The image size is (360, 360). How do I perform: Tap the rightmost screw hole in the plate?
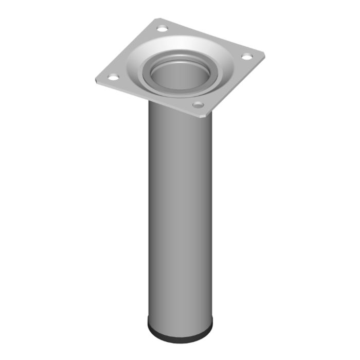(x=247, y=56)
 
